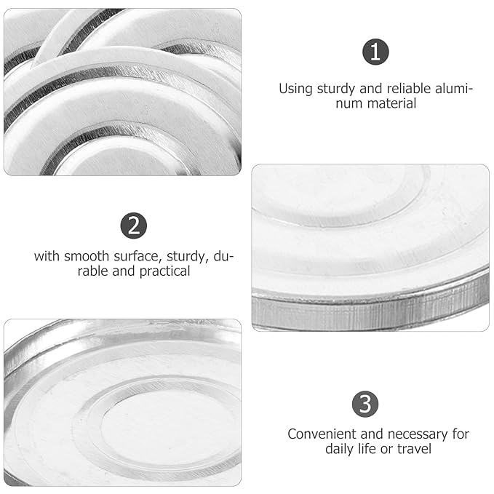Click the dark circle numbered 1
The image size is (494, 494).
click(x=375, y=52)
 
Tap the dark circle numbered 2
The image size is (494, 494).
click(x=134, y=226)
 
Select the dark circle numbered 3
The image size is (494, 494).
click(x=365, y=405)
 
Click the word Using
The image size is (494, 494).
click(x=295, y=89)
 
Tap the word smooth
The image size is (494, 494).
click(x=87, y=256)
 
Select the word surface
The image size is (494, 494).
click(x=138, y=256)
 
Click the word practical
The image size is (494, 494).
click(x=164, y=271)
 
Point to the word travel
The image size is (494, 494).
click(x=414, y=449)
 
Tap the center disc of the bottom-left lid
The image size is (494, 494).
click(x=167, y=426)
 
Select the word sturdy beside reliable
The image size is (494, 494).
click(x=336, y=89)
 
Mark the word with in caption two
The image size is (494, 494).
click(x=47, y=256)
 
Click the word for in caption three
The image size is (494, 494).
click(x=461, y=434)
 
